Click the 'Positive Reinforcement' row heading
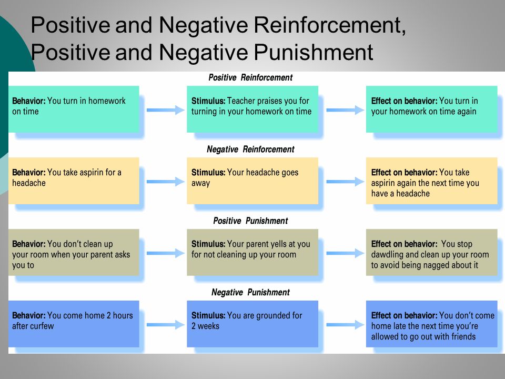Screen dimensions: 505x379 click(x=250, y=78)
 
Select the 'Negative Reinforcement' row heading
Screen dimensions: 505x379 click(x=250, y=149)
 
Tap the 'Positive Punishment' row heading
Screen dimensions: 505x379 click(x=250, y=221)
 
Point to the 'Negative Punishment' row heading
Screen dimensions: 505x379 click(x=250, y=292)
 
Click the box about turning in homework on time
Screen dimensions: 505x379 click(x=74, y=109)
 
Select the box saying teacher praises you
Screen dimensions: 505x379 click(x=252, y=109)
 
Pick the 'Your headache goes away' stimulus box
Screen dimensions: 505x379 click(x=252, y=181)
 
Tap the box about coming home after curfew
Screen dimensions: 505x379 click(x=74, y=324)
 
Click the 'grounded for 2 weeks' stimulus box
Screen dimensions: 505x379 click(x=252, y=324)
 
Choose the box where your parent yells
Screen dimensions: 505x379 click(x=252, y=252)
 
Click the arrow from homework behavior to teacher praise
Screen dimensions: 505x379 click(x=166, y=110)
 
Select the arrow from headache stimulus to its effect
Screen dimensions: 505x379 click(x=345, y=182)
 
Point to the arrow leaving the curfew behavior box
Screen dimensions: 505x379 click(x=166, y=325)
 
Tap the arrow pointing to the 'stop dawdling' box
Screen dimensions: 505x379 click(x=345, y=253)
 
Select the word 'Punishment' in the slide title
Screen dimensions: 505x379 click(x=314, y=52)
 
